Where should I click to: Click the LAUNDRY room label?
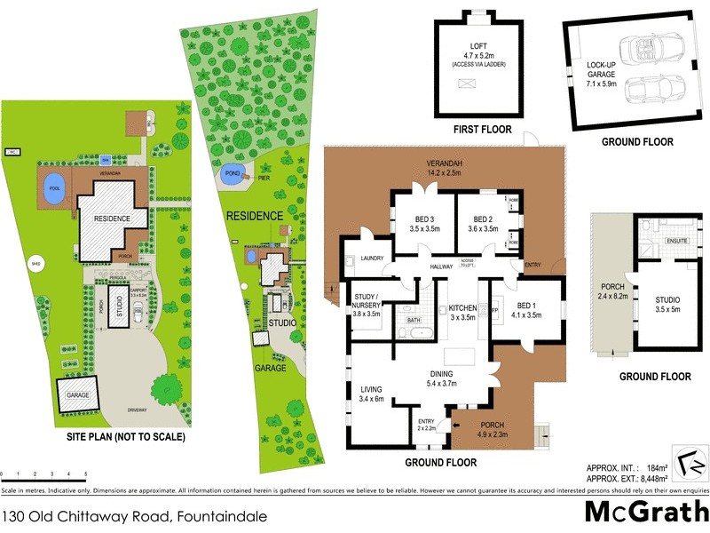point(372,259)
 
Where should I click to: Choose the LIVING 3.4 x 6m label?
point(371,394)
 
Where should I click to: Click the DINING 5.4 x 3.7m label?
point(441,379)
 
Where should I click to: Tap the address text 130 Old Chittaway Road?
point(133,515)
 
